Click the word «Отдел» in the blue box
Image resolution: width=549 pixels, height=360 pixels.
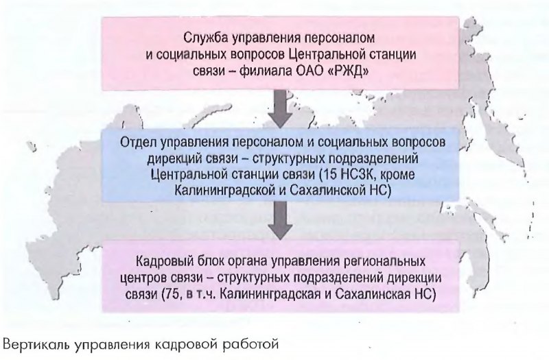coord(138,143)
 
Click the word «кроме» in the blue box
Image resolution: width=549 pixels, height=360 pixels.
coord(397,175)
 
